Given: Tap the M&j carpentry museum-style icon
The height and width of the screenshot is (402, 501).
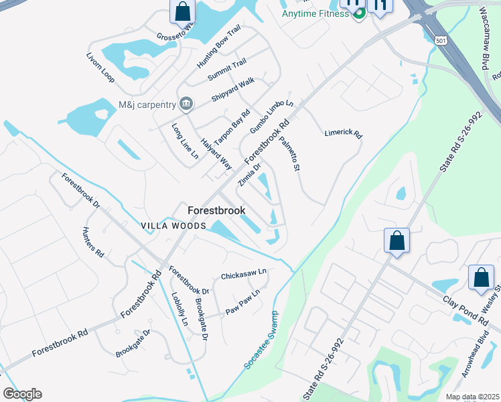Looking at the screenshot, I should pos(186,104).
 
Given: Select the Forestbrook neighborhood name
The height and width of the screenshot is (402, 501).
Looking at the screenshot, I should pos(216,210).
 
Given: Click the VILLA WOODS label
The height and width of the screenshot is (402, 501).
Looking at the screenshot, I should pos(173,226).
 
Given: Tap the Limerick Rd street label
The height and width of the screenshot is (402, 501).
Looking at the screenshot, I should pos(343,134).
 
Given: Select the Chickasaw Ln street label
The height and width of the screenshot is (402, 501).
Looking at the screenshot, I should pos(244,275).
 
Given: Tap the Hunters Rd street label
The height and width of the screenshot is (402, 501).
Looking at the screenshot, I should pos(92,243).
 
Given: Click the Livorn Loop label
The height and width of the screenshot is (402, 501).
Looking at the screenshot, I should pos(100,67).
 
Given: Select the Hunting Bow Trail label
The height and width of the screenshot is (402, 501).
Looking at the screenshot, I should pos(218,47).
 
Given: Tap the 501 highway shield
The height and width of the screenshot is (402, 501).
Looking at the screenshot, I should pos(440,41).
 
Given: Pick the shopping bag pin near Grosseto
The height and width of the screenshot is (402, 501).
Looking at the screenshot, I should pos(182,11).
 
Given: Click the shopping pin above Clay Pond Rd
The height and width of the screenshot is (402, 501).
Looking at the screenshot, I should pos(397,241).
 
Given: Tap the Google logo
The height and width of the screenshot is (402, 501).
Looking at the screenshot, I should pos(22,394).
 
